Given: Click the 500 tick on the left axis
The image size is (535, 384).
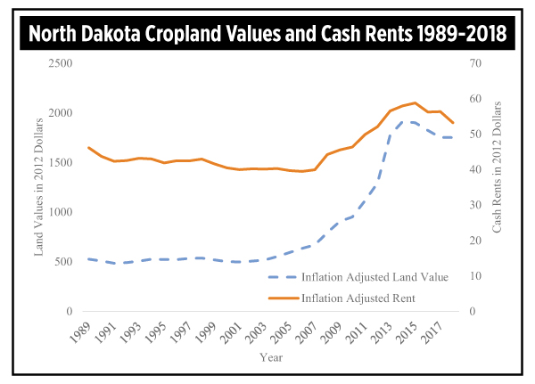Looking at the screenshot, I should [x=62, y=262].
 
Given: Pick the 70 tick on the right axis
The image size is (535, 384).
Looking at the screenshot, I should [x=473, y=63].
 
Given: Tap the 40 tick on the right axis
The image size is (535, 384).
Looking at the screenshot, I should [x=473, y=170].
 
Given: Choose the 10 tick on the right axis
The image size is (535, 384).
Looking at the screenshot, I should [x=473, y=276].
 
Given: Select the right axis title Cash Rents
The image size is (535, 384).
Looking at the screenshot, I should [x=497, y=186].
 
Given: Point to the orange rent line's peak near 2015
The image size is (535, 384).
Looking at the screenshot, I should [x=415, y=102].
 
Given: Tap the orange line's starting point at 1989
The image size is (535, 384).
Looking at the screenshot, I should [x=88, y=148].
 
